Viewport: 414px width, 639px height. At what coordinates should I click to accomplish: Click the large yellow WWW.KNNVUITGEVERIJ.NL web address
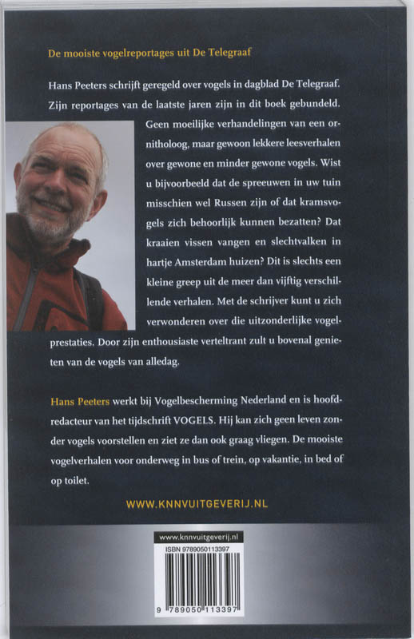(x=207, y=504)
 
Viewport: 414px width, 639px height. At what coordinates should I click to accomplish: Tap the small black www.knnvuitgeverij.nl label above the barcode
(x=206, y=540)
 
